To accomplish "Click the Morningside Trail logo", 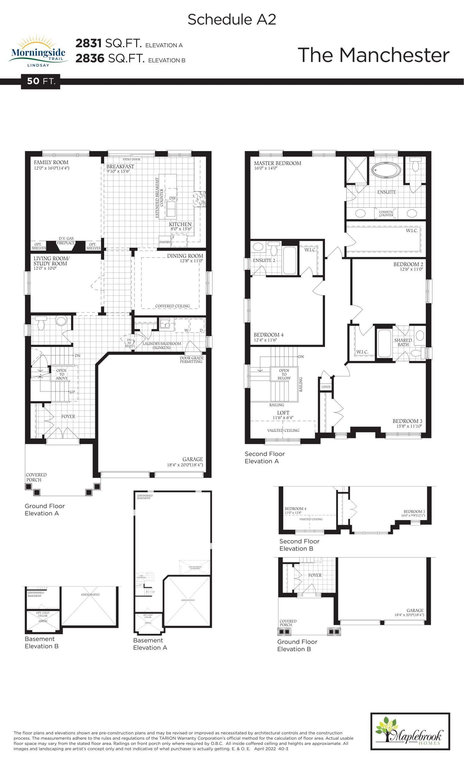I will pyautogui.click(x=38, y=51).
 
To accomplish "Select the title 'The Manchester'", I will pyautogui.click(x=373, y=55).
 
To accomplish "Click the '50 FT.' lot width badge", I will pyautogui.click(x=41, y=81).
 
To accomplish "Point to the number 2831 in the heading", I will pyautogui.click(x=88, y=43).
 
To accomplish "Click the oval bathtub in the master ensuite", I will pyautogui.click(x=386, y=170).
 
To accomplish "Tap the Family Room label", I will pyautogui.click(x=51, y=162).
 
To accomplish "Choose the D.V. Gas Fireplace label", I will pyautogui.click(x=66, y=241).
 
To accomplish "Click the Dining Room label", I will pyautogui.click(x=185, y=256).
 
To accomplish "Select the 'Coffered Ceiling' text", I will pyautogui.click(x=172, y=306).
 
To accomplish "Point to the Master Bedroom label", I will pyautogui.click(x=278, y=163).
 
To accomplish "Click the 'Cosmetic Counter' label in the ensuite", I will pyautogui.click(x=386, y=213).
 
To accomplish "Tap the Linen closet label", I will pyautogui.click(x=326, y=387).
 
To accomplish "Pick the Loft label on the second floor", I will pyautogui.click(x=283, y=413).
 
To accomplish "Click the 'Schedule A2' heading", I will pyautogui.click(x=232, y=19).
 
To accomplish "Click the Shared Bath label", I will pyautogui.click(x=403, y=342).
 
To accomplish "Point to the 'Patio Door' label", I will pyautogui.click(x=131, y=159).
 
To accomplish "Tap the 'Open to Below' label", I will pyautogui.click(x=284, y=374).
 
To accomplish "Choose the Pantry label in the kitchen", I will pyautogui.click(x=165, y=242).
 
